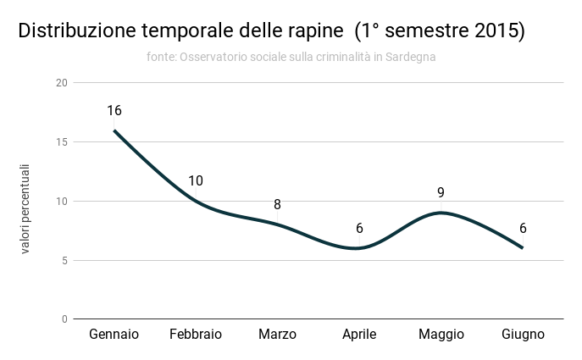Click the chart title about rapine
click(272, 31)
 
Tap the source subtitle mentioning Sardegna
click(291, 57)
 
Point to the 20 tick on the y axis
click(61, 83)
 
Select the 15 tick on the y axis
click(61, 142)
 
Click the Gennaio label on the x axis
click(114, 335)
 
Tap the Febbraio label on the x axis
click(196, 335)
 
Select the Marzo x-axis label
click(277, 335)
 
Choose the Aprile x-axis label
click(359, 335)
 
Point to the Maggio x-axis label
click(441, 335)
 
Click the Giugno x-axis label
click(523, 335)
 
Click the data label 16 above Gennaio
click(114, 111)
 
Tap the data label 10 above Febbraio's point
click(196, 181)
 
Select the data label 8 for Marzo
click(277, 205)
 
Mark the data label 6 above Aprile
click(359, 229)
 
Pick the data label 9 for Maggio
click(441, 193)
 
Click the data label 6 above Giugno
click(523, 229)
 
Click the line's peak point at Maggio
click(441, 213)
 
